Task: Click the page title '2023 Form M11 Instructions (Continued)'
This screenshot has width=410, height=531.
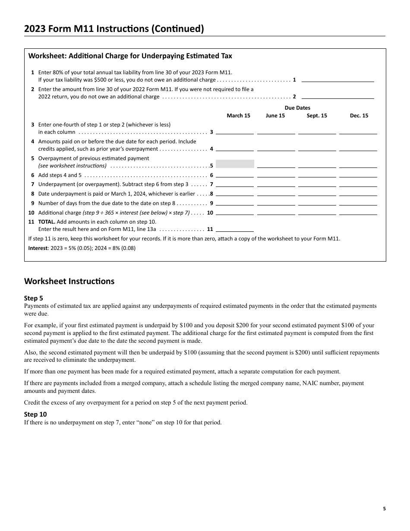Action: tap(114, 29)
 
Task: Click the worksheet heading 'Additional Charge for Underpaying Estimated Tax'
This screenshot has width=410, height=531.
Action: tap(130, 56)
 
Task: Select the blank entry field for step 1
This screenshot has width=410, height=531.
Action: tap(337, 79)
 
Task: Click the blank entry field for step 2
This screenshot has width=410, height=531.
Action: tap(337, 95)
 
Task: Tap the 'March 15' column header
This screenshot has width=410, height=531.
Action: tap(238, 116)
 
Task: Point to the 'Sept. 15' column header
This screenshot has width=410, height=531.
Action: tap(317, 116)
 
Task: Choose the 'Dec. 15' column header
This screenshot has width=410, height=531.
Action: tap(359, 116)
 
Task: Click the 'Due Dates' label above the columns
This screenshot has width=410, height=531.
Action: tap(297, 108)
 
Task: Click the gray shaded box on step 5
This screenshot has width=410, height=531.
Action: tap(235, 164)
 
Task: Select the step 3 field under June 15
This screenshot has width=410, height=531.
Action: tap(276, 131)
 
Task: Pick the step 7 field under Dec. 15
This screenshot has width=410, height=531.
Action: tap(358, 183)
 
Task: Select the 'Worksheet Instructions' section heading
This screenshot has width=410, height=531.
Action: tap(69, 281)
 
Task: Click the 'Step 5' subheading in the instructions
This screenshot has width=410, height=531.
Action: tap(34, 298)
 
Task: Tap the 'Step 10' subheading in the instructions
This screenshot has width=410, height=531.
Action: tap(35, 414)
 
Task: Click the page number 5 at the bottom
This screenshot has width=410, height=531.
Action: tap(384, 509)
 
